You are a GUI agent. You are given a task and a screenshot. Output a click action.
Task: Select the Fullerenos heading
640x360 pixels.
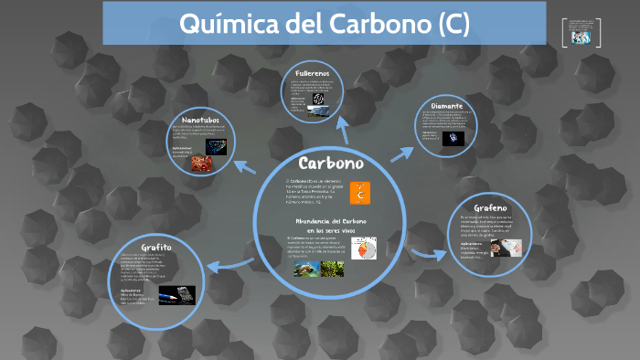[x=313, y=72]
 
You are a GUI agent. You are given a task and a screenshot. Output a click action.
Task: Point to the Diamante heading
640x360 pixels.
[x=453, y=107]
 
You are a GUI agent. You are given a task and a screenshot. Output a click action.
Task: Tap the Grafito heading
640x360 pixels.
[x=156, y=247]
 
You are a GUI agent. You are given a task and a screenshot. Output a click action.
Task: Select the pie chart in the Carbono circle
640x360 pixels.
[x=364, y=248]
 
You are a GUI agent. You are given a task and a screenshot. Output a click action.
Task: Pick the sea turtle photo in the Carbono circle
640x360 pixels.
[x=305, y=268]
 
